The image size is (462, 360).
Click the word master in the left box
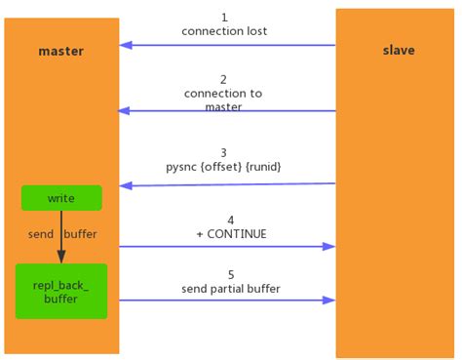point(60,51)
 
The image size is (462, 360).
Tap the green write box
point(61,198)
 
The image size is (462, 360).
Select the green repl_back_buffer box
point(61,290)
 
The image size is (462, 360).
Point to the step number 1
point(224,18)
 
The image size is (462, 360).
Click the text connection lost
point(224,31)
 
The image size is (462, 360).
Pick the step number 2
point(224,79)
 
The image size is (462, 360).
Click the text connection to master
point(224,100)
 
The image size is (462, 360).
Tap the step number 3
point(224,153)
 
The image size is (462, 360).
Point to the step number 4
point(230,220)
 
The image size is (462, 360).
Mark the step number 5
point(230,275)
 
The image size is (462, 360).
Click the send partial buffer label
point(230,289)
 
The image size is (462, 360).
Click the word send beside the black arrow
point(40,234)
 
